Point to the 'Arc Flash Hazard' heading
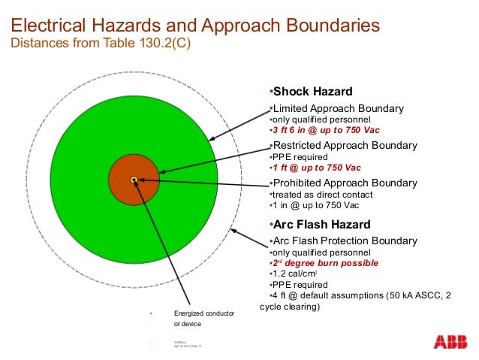click(321, 224)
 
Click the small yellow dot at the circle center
click(134, 180)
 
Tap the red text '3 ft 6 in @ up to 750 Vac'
click(326, 130)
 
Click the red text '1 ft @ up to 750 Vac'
click(315, 167)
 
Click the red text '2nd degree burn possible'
click(324, 264)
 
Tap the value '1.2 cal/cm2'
click(294, 274)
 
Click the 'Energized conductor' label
click(203, 312)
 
